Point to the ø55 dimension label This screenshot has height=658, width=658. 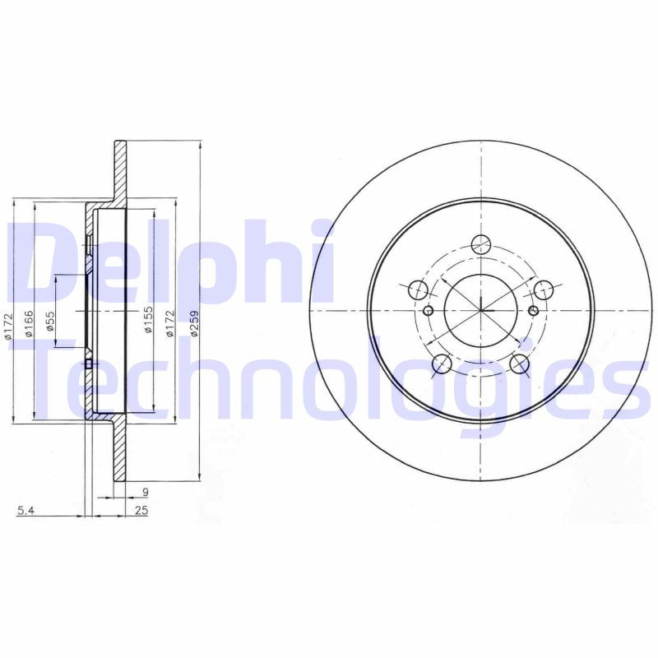click(49, 322)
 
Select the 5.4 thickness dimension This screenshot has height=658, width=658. click(26, 512)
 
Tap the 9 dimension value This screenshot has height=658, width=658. click(145, 493)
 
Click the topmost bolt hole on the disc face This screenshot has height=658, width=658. click(481, 244)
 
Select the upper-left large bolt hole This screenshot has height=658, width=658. click(418, 290)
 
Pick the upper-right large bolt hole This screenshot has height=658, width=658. click(544, 290)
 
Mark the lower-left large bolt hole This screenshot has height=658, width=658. click(442, 364)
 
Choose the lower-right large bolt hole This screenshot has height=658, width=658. click(520, 364)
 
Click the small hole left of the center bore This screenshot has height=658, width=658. click(428, 311)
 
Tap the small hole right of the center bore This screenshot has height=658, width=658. click(533, 310)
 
